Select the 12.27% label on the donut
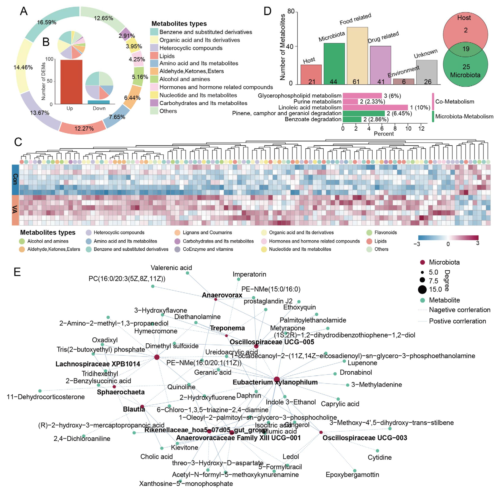pos(84,128)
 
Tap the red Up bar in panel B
pos(71,82)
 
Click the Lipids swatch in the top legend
pos(154,56)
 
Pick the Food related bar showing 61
pos(357,56)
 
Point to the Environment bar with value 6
pos(404,81)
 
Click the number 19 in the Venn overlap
pos(466,49)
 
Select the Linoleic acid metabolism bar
pos(375,107)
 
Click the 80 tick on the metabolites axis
pos(291,11)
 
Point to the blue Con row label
pos(15,179)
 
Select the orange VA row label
pos(15,210)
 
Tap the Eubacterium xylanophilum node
pos(277,380)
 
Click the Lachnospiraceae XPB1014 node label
pos(98,364)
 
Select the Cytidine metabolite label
pos(379,457)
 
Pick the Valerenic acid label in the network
pos(171,268)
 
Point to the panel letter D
pos(267,11)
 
